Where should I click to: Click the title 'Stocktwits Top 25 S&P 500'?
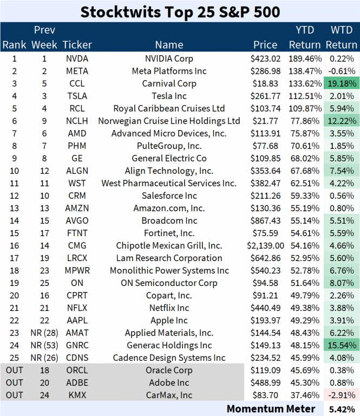click(x=180, y=11)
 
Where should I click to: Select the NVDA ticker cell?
click(x=77, y=58)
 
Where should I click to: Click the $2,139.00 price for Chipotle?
click(x=265, y=246)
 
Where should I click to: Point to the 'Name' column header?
click(x=169, y=44)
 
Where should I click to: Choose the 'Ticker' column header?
click(x=77, y=44)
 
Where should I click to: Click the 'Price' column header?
click(x=265, y=44)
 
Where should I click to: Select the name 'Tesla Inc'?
click(x=169, y=96)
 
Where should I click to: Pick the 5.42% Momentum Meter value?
click(x=342, y=408)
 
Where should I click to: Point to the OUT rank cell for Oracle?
click(x=14, y=370)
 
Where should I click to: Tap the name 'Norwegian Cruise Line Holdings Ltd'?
click(x=169, y=121)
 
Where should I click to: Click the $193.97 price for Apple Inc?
click(x=265, y=321)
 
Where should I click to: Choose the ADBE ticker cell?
click(x=77, y=383)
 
